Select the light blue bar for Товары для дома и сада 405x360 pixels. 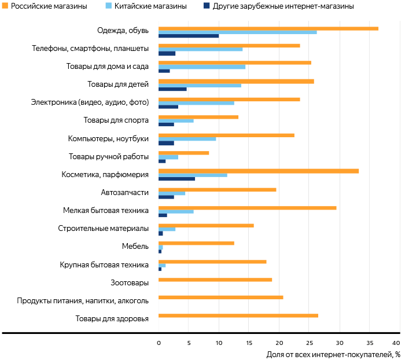click(201, 67)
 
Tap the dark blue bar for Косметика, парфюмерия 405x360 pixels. click(176, 179)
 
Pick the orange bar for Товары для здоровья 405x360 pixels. click(238, 315)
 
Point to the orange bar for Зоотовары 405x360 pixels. click(215, 280)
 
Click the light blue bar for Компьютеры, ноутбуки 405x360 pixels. click(187, 139)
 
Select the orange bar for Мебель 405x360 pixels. click(196, 243)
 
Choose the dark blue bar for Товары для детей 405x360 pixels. click(172, 89)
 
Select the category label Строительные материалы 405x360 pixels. click(104, 228)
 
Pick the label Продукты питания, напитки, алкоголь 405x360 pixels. click(83, 300)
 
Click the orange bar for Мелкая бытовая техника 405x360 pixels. click(247, 207)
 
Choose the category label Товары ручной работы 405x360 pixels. click(109, 156)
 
